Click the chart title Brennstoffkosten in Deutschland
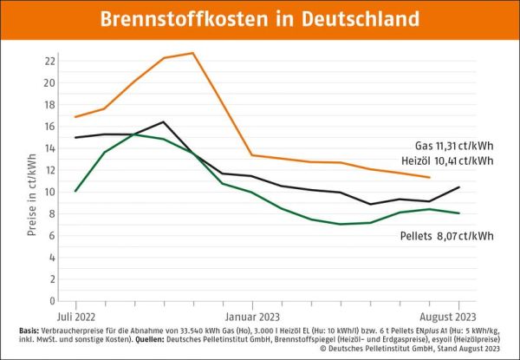pyautogui.click(x=259, y=19)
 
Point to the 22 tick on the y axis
pyautogui.click(x=51, y=62)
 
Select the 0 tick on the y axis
pyautogui.click(x=54, y=300)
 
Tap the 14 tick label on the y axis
pyautogui.click(x=51, y=148)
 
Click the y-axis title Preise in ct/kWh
pyautogui.click(x=31, y=180)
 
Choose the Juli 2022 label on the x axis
pyautogui.click(x=76, y=316)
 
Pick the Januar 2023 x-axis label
pyautogui.click(x=252, y=316)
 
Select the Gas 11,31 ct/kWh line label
pyautogui.click(x=454, y=145)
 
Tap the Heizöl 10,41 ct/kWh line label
pyautogui.click(x=448, y=160)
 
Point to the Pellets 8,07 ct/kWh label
pyautogui.click(x=446, y=235)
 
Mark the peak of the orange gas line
pyautogui.click(x=193, y=53)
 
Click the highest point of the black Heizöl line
pyautogui.click(x=164, y=121)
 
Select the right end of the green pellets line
pyautogui.click(x=458, y=213)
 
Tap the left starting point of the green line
pyautogui.click(x=76, y=191)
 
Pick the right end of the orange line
pyautogui.click(x=430, y=178)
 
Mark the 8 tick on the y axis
pyautogui.click(x=54, y=213)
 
